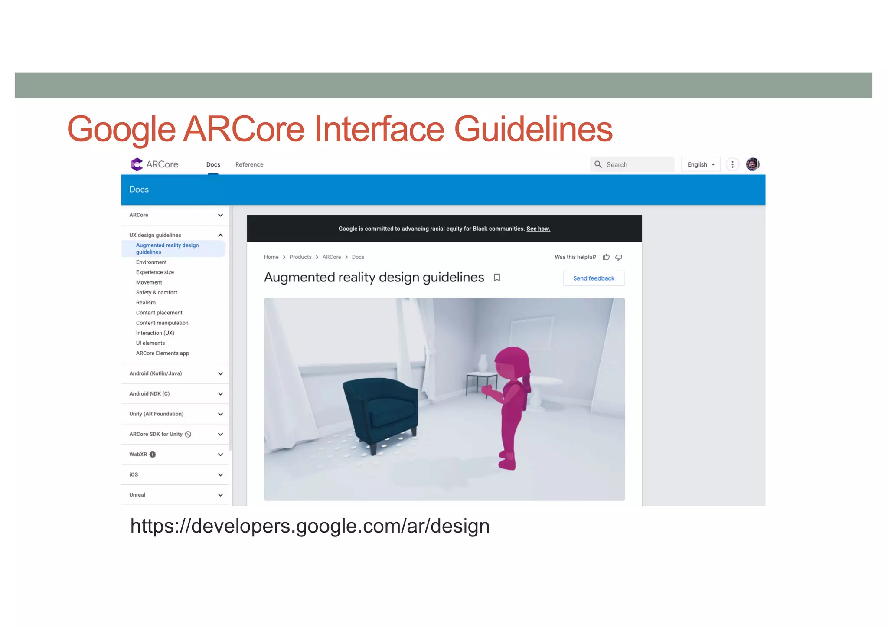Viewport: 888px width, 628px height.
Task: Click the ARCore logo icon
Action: coord(137,164)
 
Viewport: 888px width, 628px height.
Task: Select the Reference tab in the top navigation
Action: coord(249,164)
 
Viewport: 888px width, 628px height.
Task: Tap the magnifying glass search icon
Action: coord(598,164)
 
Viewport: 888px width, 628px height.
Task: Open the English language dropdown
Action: coord(701,164)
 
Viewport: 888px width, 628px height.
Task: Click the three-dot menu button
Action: coord(732,164)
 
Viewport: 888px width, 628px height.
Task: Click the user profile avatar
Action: coord(752,164)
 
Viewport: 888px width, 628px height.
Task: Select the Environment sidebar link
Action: coord(151,262)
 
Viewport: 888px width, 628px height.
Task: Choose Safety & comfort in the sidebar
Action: coord(157,292)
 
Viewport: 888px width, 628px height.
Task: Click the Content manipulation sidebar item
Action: coord(162,323)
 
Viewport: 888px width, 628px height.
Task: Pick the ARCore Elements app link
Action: coord(163,353)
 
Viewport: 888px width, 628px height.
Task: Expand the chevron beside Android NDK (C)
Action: coord(220,394)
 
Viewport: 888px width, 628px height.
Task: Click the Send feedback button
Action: coord(594,278)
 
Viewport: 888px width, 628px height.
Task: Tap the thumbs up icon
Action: coord(606,257)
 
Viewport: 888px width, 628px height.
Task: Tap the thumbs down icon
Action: coord(619,257)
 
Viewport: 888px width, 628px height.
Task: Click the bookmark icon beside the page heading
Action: coord(497,278)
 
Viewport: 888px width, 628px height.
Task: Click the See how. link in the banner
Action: coord(538,229)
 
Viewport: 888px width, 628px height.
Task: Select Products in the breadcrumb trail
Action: coord(300,257)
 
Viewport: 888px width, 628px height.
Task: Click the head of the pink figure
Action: coord(512,364)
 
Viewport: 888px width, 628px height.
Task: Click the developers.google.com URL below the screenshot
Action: coord(310,526)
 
